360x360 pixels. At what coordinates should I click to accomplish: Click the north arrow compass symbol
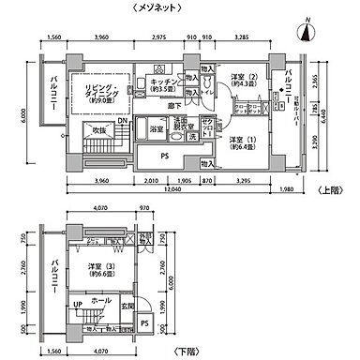tap(305, 32)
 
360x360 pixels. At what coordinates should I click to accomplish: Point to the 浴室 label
tap(158, 127)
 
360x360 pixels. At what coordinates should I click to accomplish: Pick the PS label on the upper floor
tap(164, 156)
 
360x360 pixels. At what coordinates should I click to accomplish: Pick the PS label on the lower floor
tap(144, 323)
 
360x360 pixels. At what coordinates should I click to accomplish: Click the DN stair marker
tap(125, 122)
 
